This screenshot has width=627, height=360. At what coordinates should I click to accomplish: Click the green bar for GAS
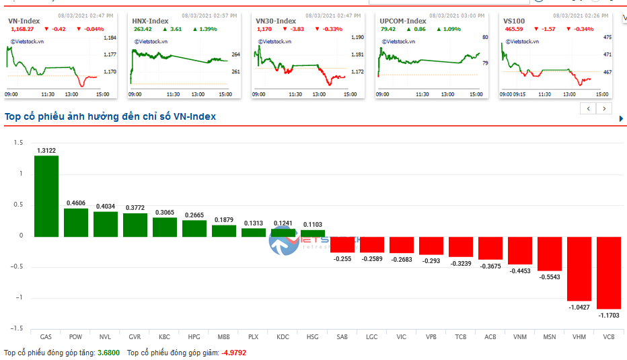46,196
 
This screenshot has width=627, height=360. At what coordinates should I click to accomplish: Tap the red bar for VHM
579,268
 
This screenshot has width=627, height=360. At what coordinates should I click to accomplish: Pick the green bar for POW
75,222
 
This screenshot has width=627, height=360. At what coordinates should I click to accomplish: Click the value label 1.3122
46,150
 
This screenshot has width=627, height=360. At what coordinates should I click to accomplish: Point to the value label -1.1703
608,315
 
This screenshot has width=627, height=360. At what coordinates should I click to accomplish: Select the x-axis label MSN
549,336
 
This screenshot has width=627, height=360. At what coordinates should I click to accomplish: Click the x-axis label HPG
194,336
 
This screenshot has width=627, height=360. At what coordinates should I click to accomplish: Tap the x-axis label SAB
342,336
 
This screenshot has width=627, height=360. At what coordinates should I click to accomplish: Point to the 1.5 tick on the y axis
18,143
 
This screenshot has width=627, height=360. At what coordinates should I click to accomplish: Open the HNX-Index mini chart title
150,21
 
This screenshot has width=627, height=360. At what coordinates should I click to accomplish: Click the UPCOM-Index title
402,21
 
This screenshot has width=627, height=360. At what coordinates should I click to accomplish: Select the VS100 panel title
514,21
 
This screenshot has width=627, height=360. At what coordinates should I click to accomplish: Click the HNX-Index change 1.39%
209,29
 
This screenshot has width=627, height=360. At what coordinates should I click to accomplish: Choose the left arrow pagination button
589,108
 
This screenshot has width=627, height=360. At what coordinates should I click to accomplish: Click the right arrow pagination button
604,108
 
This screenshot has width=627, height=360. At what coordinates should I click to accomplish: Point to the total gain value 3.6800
108,353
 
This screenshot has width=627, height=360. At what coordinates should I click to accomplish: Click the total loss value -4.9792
234,353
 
